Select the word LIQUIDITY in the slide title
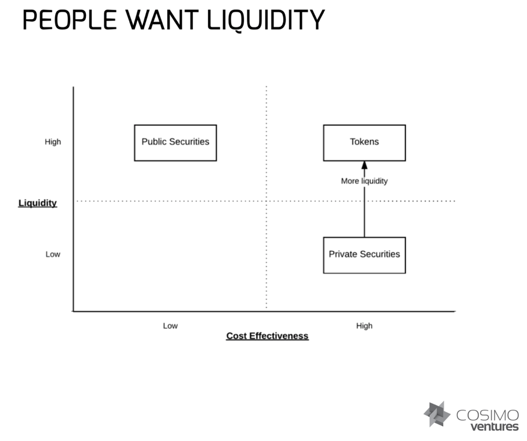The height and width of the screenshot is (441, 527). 266,20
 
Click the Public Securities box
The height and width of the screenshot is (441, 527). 175,143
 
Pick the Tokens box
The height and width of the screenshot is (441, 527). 364,143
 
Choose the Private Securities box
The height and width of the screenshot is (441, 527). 364,255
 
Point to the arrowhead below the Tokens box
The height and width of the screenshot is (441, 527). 364,165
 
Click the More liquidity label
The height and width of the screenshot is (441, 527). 364,181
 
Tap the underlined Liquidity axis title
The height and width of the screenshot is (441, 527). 38,203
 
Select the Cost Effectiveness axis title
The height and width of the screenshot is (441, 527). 267,336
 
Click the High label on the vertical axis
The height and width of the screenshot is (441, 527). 53,142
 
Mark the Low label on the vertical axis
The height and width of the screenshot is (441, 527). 53,254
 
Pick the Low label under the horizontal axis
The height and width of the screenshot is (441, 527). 170,326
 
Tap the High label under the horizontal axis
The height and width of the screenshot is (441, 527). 364,326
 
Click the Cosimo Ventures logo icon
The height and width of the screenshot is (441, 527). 437,415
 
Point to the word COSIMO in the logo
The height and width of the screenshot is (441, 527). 487,415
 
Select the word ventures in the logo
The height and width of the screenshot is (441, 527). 494,427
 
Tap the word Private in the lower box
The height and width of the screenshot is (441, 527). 343,254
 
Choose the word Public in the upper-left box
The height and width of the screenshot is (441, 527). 154,142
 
